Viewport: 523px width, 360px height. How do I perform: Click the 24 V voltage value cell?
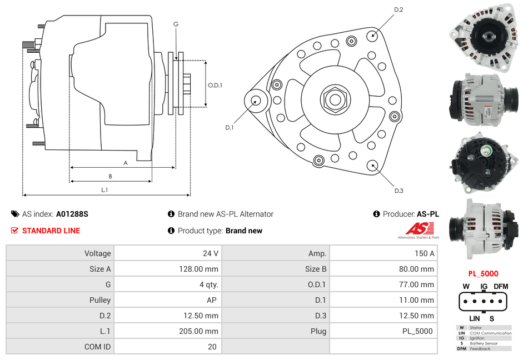click(x=210, y=253)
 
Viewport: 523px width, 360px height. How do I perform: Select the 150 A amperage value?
click(x=424, y=253)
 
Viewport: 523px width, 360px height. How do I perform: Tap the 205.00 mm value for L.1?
click(x=200, y=331)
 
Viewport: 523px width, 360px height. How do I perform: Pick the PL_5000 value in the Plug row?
click(x=417, y=331)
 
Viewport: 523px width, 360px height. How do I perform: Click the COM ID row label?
click(x=97, y=347)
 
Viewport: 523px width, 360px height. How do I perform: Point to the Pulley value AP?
click(x=212, y=300)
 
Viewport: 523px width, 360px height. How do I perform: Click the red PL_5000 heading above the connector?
click(x=483, y=273)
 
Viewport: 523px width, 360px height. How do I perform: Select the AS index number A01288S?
click(x=72, y=214)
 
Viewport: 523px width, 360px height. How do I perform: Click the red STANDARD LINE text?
click(x=51, y=231)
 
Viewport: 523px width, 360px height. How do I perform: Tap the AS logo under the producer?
click(x=418, y=229)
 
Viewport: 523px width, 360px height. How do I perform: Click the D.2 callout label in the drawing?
click(x=399, y=10)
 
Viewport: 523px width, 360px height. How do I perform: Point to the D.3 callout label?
click(x=399, y=191)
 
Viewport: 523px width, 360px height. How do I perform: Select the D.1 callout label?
click(x=229, y=127)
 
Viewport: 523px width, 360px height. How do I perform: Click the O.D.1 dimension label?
click(x=215, y=85)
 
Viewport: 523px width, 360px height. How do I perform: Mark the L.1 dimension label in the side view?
click(x=104, y=190)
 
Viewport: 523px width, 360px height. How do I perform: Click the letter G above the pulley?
click(x=176, y=24)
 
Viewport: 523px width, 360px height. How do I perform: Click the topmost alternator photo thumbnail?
click(x=483, y=37)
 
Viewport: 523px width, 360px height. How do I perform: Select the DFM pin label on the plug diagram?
click(x=501, y=286)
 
